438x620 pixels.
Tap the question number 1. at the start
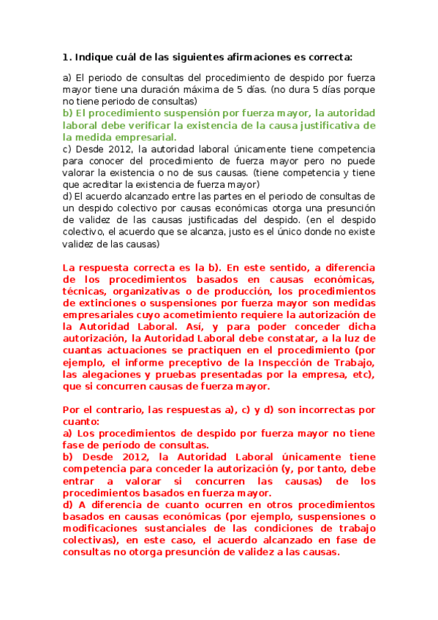67,56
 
